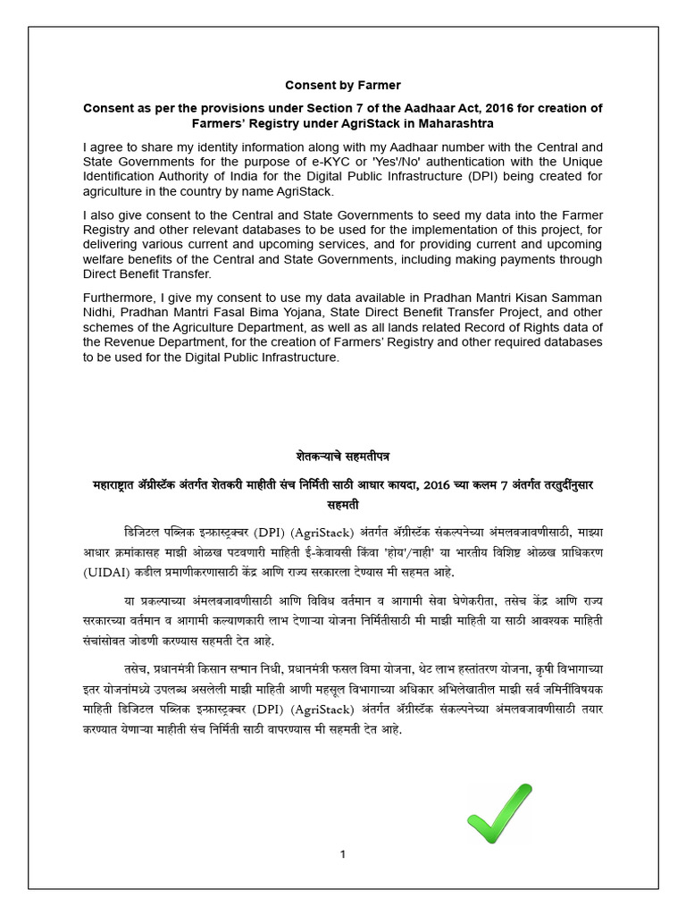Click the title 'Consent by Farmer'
(343, 85)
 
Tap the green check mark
(498, 814)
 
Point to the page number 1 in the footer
(343, 855)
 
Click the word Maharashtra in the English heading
(452, 122)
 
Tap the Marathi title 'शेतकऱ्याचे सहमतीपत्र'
(343, 457)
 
